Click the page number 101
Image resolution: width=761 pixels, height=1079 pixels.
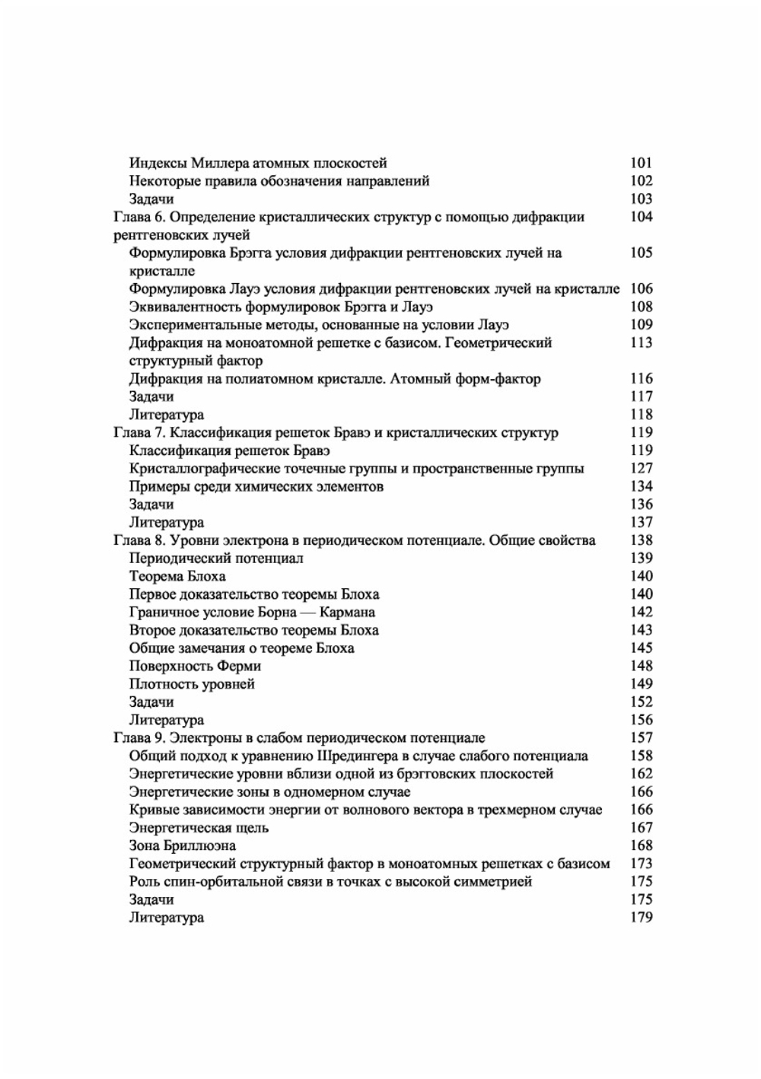(x=641, y=163)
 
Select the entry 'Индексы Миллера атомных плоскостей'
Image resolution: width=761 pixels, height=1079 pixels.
(x=258, y=163)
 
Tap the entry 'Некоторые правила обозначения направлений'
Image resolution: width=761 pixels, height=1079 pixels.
(x=279, y=181)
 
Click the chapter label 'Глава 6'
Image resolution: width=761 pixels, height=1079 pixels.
(x=139, y=217)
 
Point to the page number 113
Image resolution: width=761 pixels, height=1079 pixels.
(x=641, y=343)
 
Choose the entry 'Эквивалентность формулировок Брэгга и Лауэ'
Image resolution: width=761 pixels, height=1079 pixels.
(x=281, y=307)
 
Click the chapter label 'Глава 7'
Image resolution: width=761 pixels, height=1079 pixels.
(x=139, y=433)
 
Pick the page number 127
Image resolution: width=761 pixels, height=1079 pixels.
(x=641, y=469)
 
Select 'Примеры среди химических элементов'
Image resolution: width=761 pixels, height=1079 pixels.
(x=256, y=486)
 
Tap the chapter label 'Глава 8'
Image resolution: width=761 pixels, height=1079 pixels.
(x=139, y=540)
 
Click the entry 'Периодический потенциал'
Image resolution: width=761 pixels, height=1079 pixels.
(x=216, y=559)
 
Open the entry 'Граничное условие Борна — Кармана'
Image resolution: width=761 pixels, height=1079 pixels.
(x=252, y=613)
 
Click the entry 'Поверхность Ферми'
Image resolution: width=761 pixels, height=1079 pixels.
(x=195, y=667)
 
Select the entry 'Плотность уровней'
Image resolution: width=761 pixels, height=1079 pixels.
(x=192, y=684)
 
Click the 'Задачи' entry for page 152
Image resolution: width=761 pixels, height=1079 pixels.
(x=151, y=702)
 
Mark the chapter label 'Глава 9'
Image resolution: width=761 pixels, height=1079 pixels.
(x=139, y=738)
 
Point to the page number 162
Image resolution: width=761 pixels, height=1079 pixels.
(x=641, y=774)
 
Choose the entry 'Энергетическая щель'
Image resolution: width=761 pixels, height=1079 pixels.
(x=199, y=828)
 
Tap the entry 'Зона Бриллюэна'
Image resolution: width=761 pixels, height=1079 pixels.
(x=183, y=846)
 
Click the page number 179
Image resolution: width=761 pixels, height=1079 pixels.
(x=641, y=918)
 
